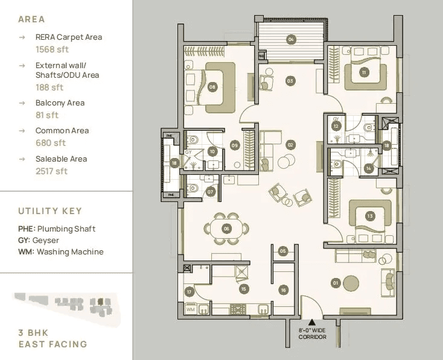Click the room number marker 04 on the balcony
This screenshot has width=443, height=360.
pyautogui.click(x=292, y=40)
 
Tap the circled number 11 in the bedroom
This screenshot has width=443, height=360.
pyautogui.click(x=364, y=72)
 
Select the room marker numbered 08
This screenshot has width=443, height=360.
pyautogui.click(x=212, y=87)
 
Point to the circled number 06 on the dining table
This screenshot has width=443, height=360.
pyautogui.click(x=226, y=229)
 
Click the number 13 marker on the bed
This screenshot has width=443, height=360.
pyautogui.click(x=370, y=216)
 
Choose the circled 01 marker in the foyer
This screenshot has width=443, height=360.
pyautogui.click(x=336, y=282)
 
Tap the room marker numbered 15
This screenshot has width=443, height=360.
pyautogui.click(x=243, y=289)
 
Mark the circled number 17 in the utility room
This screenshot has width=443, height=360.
pyautogui.click(x=190, y=292)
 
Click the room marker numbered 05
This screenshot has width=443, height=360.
pyautogui.click(x=282, y=251)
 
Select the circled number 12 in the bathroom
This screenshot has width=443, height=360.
pyautogui.click(x=336, y=126)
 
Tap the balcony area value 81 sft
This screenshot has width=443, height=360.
pyautogui.click(x=47, y=115)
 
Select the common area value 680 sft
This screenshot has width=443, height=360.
pyautogui.click(x=51, y=143)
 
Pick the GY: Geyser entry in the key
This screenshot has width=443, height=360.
pyautogui.click(x=39, y=240)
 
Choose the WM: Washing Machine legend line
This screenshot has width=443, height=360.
pyautogui.click(x=61, y=251)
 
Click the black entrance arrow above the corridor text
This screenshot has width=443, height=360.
pyautogui.click(x=312, y=323)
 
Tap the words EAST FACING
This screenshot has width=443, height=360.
pyautogui.click(x=53, y=344)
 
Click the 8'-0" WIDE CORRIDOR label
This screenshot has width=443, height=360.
pyautogui.click(x=312, y=333)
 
